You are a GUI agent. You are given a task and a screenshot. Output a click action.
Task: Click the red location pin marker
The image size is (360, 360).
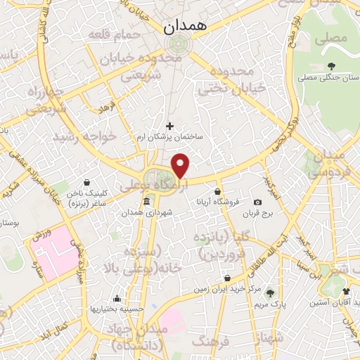(x=181, y=166)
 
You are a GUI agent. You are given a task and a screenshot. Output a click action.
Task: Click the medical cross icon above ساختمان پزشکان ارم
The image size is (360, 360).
(x=169, y=126)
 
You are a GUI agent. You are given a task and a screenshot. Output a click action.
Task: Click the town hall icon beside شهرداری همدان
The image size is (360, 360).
(x=146, y=202)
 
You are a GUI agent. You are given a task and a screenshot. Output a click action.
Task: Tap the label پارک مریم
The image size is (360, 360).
(x=271, y=304)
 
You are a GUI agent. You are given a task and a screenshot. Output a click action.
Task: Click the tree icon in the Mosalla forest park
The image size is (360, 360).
(x=330, y=67)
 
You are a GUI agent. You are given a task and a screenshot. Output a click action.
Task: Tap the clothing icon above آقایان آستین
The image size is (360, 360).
(x=345, y=290)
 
